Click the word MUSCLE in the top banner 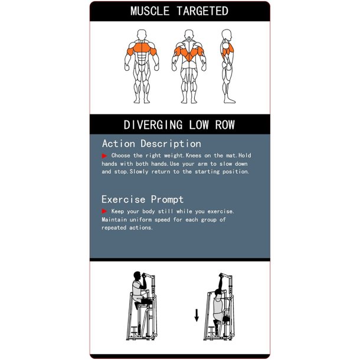[x=150, y=11]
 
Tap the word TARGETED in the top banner [x=202, y=11]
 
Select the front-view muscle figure [x=142, y=66]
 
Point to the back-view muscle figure [x=189, y=66]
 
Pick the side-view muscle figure [x=228, y=66]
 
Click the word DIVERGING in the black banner [x=153, y=125]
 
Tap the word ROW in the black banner [x=225, y=125]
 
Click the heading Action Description [x=152, y=144]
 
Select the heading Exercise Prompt [x=143, y=199]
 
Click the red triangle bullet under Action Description [x=104, y=156]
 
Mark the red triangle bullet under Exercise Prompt [x=104, y=211]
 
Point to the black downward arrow [x=197, y=315]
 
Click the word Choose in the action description [x=120, y=155]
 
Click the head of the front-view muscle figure [x=142, y=35]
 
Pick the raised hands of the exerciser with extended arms [x=221, y=275]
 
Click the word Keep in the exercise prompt [x=117, y=211]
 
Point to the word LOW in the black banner [x=199, y=125]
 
